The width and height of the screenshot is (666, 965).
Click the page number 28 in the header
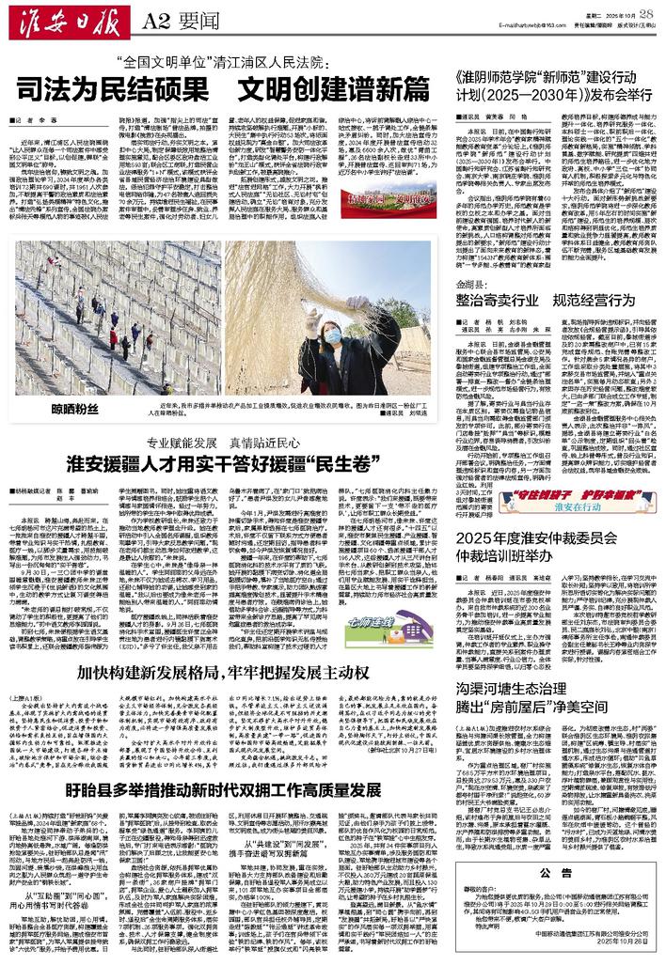click(x=646, y=11)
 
